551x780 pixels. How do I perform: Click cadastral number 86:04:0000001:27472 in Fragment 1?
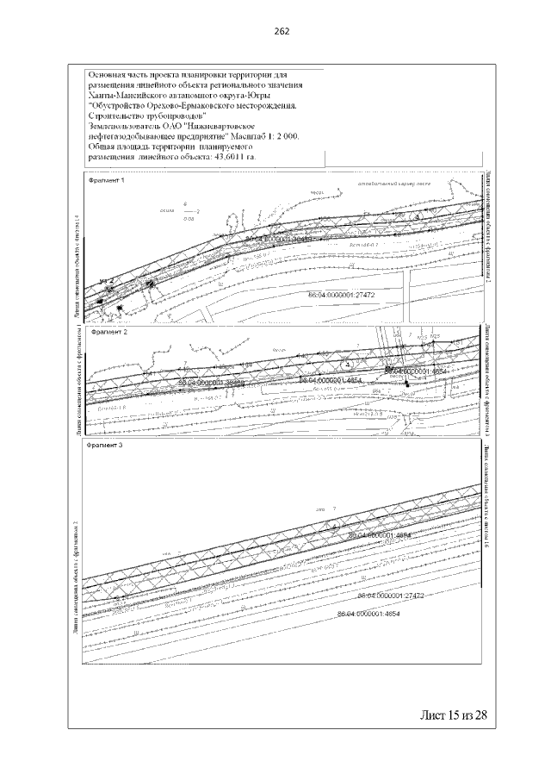(344, 296)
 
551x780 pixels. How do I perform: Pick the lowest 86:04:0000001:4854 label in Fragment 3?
(368, 614)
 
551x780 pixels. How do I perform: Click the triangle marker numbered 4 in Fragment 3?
(334, 524)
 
